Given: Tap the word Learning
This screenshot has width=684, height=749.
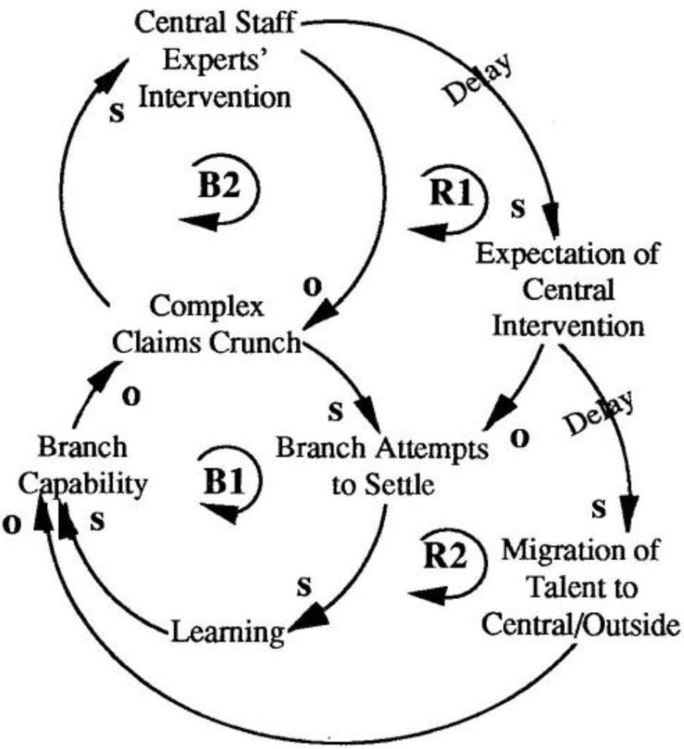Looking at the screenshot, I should pos(226,632).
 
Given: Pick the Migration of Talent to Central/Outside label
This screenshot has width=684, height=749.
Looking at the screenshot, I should pos(580,588).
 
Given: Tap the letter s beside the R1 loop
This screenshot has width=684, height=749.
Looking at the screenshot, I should pos(518,207).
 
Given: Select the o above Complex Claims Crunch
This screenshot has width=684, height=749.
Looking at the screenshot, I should pos(314,286).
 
